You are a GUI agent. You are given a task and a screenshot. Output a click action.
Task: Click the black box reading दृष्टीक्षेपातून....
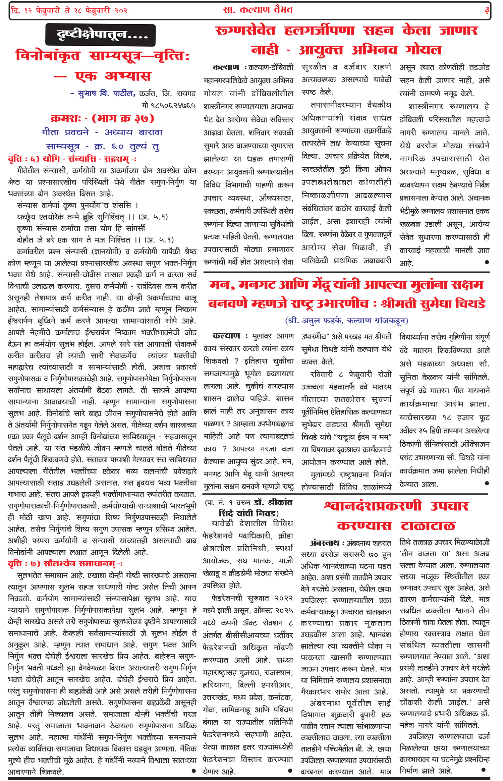pos(100,35)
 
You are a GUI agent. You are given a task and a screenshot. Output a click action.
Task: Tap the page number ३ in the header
pos(487,10)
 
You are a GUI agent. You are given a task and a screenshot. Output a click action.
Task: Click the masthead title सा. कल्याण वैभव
pos(258,10)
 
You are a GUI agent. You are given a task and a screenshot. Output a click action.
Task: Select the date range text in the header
pos(69,10)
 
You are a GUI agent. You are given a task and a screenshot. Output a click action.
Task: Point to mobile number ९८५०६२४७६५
pos(169,106)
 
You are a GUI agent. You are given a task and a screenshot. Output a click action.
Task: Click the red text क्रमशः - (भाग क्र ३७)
pos(102,118)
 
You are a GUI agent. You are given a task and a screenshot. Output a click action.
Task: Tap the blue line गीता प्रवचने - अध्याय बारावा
pos(102,132)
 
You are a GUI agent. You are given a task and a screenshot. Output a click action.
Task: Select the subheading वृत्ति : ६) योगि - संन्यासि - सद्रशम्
pos(72,159)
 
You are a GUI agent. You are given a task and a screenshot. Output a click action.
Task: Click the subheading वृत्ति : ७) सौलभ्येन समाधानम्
pos(65,563)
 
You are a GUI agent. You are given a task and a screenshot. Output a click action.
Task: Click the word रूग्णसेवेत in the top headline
pos(245,31)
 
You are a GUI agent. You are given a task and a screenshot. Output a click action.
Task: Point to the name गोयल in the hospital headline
pos(423,50)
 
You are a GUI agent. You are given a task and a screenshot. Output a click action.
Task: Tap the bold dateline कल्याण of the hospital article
pos(226,67)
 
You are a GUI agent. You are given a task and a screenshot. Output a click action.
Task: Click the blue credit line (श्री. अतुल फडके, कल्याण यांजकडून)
pos(346,321)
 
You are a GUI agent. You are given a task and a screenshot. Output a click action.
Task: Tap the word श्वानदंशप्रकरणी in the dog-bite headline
pos(373,506)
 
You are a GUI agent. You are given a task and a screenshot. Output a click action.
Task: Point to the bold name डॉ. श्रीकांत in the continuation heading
pos(273,502)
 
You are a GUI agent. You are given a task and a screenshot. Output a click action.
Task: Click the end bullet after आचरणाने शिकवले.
pos(193,771)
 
